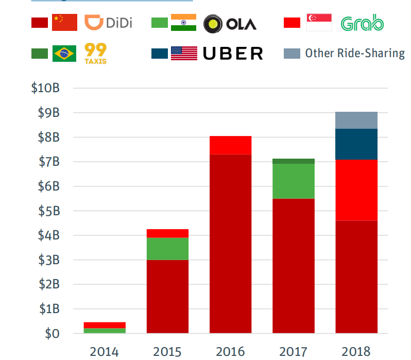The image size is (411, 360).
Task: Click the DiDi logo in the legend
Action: pyautogui.click(x=108, y=23)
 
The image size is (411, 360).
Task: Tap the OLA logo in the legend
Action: pyautogui.click(x=230, y=23)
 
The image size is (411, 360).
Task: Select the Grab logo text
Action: pyautogui.click(x=362, y=23)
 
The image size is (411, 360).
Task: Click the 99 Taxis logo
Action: pyautogui.click(x=95, y=53)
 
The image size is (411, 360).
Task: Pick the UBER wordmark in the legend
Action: pyautogui.click(x=233, y=53)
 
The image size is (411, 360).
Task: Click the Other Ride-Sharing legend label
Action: pyautogui.click(x=354, y=53)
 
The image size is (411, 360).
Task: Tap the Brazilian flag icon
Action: pyautogui.click(x=64, y=53)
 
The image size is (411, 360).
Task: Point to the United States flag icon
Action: pyautogui.click(x=184, y=53)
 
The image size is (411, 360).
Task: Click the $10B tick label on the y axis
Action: pyautogui.click(x=45, y=88)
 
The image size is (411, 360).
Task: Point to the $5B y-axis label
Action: pyautogui.click(x=48, y=211)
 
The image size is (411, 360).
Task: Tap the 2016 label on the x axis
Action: pyautogui.click(x=230, y=352)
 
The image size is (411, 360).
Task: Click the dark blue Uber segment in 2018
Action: pyautogui.click(x=356, y=144)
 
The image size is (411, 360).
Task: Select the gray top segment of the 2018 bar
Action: pyautogui.click(x=356, y=120)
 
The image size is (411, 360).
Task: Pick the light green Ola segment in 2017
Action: pyautogui.click(x=294, y=181)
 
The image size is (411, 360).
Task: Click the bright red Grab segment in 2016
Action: pyautogui.click(x=230, y=145)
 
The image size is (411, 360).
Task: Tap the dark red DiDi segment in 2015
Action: pyautogui.click(x=167, y=296)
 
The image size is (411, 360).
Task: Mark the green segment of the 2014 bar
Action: pyautogui.click(x=105, y=331)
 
